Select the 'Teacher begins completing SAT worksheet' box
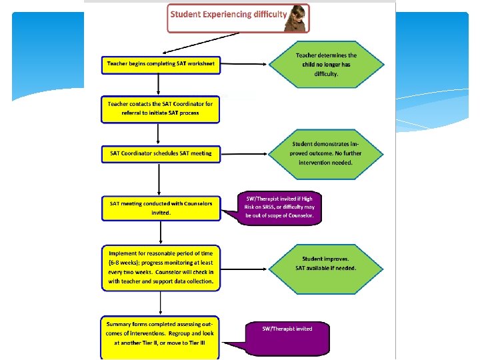(x=160, y=64)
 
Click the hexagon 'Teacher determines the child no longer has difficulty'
(x=327, y=65)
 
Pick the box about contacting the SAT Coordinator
(x=160, y=109)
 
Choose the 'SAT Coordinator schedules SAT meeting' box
(x=160, y=153)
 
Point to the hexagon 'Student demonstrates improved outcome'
(x=327, y=153)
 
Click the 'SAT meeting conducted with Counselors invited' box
(x=160, y=207)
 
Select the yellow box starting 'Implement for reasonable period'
(x=160, y=267)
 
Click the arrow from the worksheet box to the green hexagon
(x=244, y=65)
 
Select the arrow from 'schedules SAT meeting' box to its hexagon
(x=244, y=153)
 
